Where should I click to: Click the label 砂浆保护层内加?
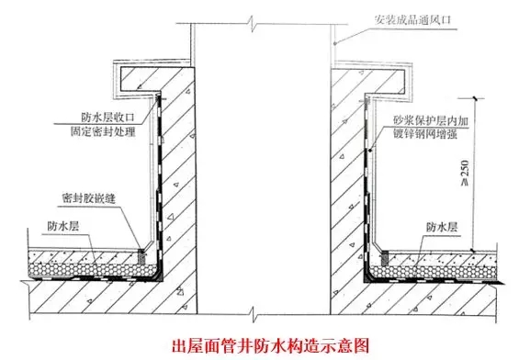pyautogui.click(x=428, y=119)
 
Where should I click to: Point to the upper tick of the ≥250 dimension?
pyautogui.click(x=472, y=95)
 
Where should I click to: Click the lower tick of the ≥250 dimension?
pyautogui.click(x=472, y=249)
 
